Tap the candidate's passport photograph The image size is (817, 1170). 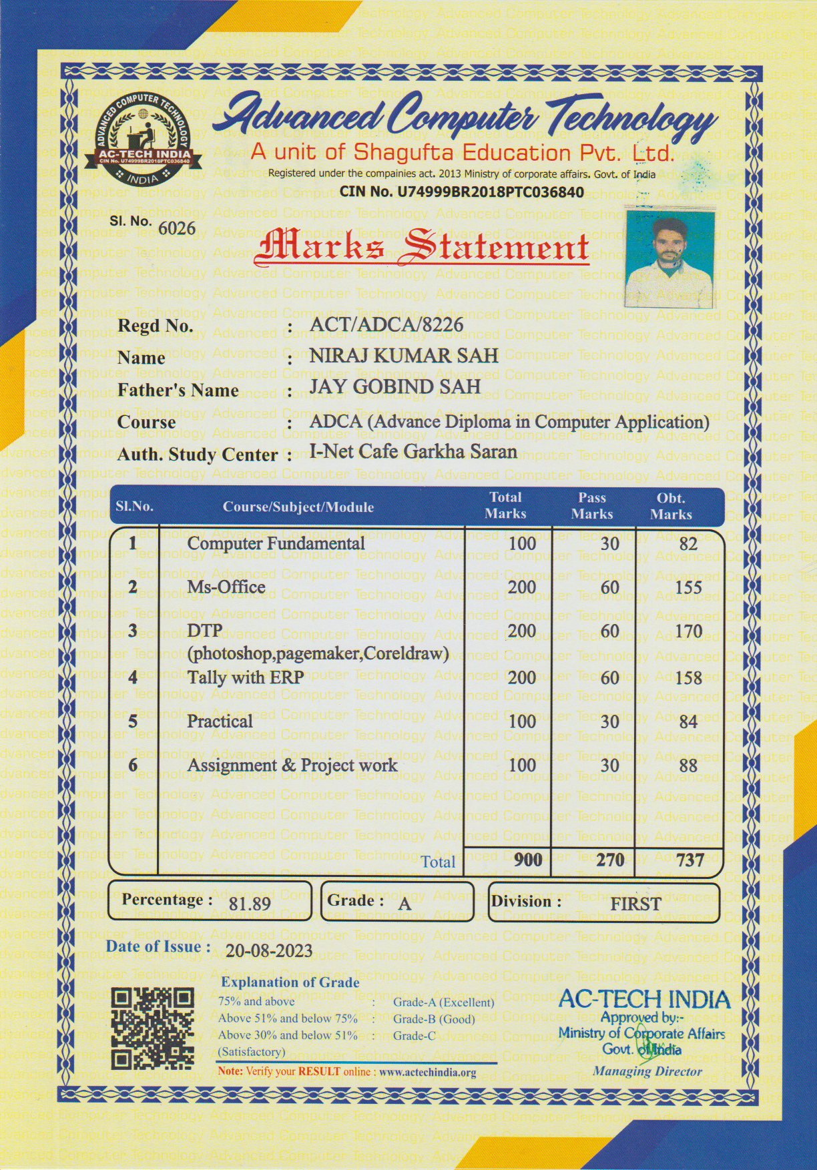point(671,256)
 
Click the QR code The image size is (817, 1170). point(152,1029)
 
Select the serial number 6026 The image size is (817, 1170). point(177,229)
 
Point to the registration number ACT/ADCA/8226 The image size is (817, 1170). point(386,324)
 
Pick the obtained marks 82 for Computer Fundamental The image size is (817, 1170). point(688,544)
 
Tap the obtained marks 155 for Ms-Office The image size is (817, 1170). point(688,587)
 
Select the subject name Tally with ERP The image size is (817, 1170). point(245,677)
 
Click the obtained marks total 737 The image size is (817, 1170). point(690,860)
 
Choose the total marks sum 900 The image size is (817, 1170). point(528,860)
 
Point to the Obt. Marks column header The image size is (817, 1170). point(671,507)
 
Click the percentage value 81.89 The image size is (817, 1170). point(250,904)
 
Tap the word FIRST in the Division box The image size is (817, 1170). point(635,904)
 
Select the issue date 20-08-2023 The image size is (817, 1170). point(269,950)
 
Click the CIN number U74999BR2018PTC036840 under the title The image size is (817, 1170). point(491,193)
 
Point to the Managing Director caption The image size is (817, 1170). point(647,1072)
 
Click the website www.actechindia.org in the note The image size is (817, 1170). point(427,1073)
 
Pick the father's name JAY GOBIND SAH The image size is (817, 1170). point(394,386)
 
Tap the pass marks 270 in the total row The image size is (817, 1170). point(610,860)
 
